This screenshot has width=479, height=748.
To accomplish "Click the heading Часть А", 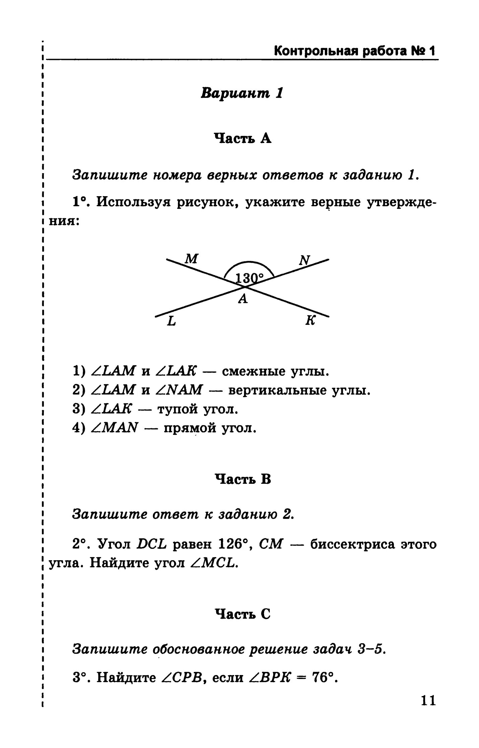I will [243, 138].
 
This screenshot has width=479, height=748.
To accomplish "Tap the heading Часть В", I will [242, 479].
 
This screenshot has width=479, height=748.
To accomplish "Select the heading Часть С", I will [242, 614].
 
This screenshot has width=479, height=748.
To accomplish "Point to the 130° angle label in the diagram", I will [250, 278].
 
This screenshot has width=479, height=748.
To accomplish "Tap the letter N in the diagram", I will [305, 260].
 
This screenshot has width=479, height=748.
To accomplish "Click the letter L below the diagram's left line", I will [171, 322].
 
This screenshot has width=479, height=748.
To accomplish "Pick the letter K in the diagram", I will [310, 321].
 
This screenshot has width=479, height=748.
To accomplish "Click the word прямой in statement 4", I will [190, 428].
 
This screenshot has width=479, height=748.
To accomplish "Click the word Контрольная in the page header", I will [314, 52].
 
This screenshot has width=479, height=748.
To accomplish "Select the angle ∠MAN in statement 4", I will [115, 428].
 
